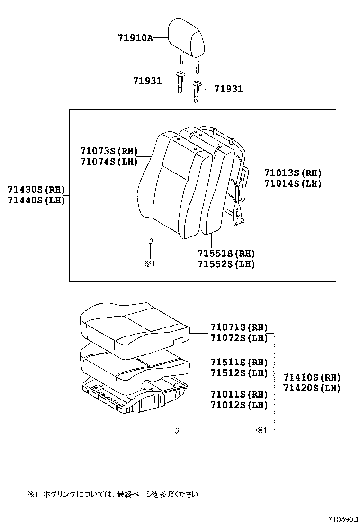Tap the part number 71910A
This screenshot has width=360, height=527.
pos(135,38)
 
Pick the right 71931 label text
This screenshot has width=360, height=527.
pos(228,89)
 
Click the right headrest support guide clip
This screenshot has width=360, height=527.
pos(197,91)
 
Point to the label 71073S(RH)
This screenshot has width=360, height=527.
pos(108,151)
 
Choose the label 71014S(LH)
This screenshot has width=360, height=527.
pos(293,183)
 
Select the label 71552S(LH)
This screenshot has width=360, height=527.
pos(226,264)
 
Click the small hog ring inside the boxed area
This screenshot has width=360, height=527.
pos(151,241)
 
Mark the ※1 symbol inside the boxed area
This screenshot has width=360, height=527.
pos(150,264)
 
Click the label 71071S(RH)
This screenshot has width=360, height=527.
pos(239,327)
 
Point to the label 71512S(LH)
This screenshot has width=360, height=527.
pos(239,373)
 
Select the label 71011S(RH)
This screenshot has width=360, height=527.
pos(239,394)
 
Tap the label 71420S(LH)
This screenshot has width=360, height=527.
pos(312,388)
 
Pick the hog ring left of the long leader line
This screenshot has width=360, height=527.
pos(176,430)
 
